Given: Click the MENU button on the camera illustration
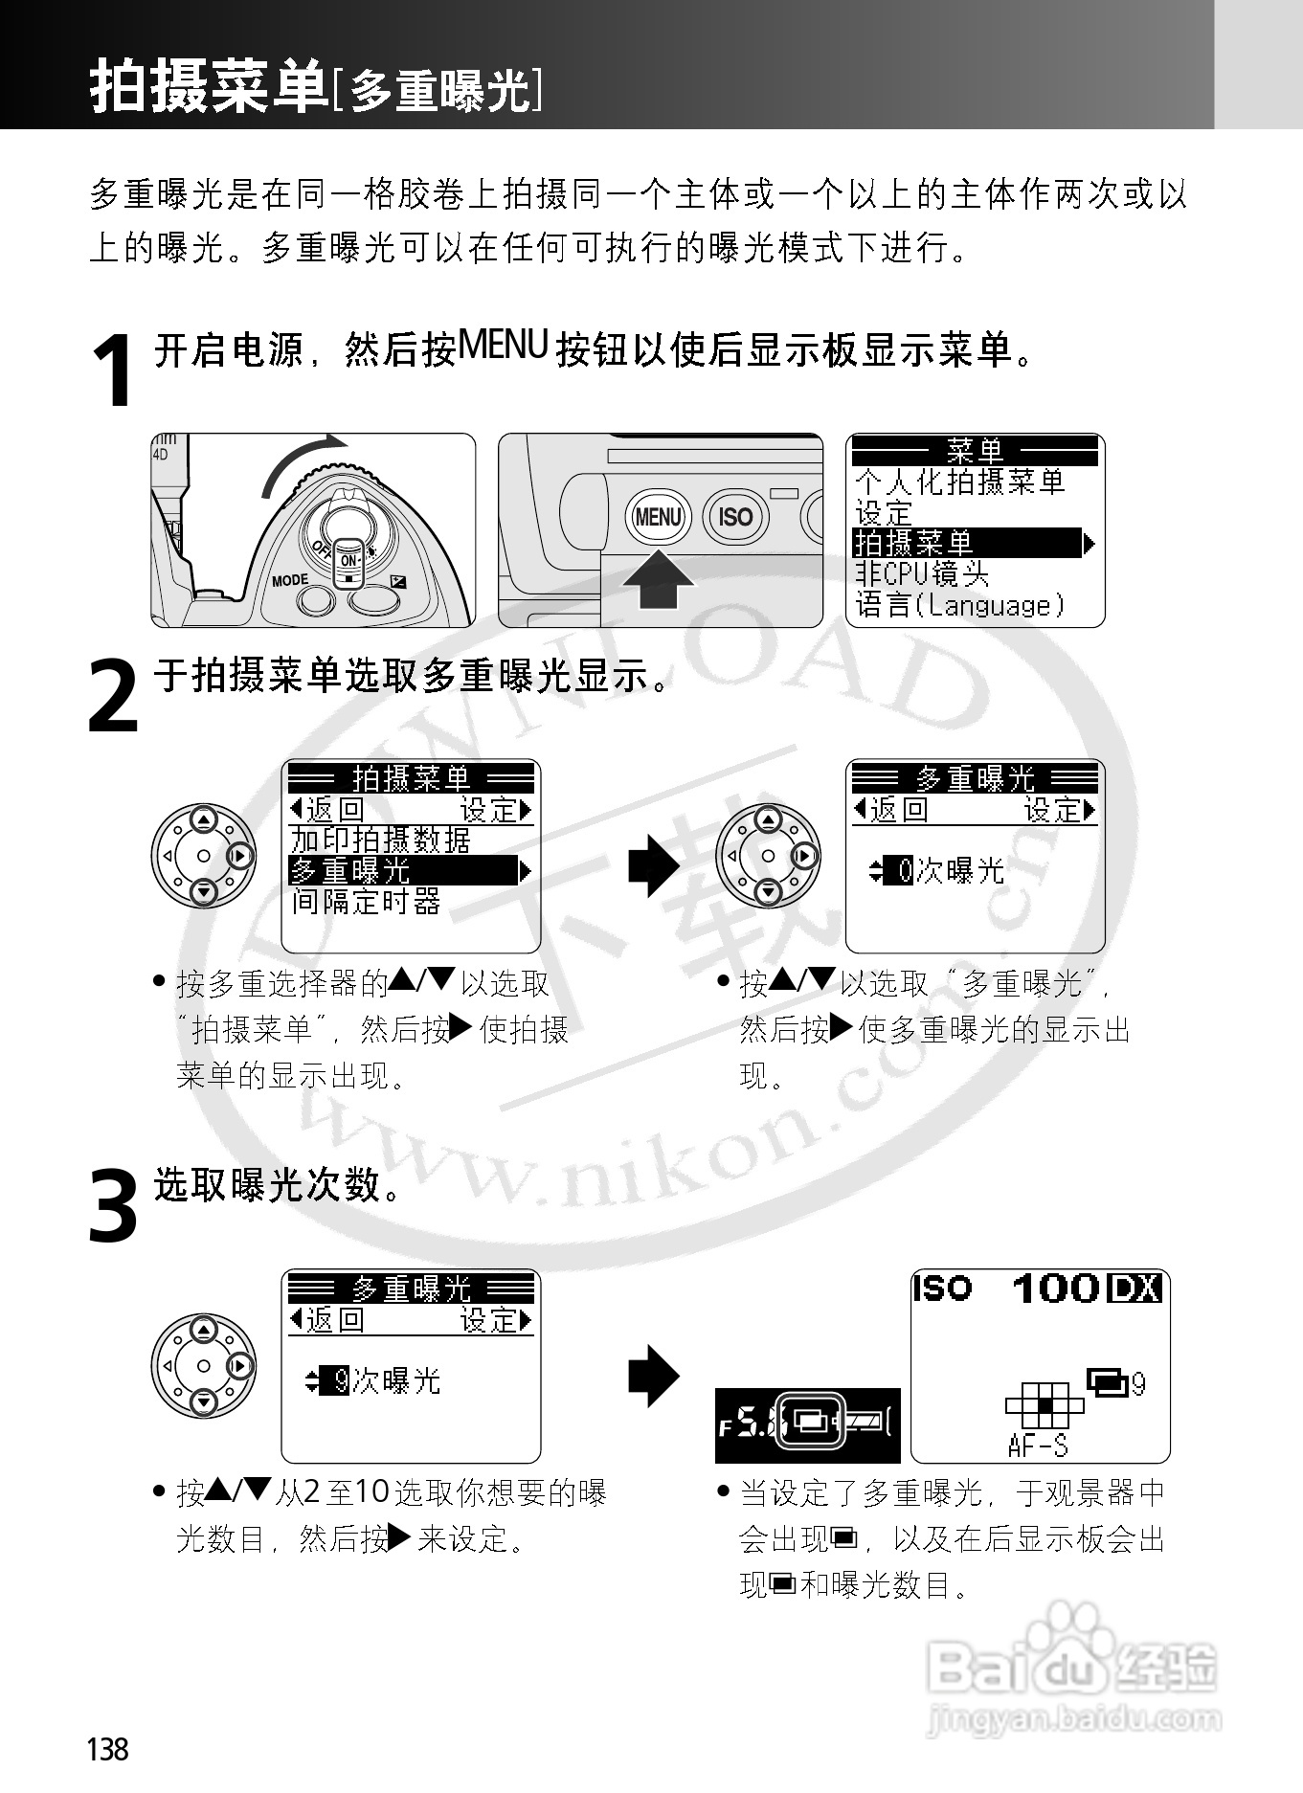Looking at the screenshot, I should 658,517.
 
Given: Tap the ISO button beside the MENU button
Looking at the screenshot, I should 735,517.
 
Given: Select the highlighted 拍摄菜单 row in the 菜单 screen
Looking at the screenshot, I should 967,544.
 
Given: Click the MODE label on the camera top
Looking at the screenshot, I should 290,580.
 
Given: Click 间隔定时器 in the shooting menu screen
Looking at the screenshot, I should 367,902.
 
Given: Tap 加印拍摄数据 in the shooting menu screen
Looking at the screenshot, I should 381,840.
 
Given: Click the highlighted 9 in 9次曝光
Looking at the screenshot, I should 339,1381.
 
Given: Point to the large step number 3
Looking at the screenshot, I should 113,1205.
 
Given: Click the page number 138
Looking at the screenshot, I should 107,1750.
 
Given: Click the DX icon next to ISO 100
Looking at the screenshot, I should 1135,1289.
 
